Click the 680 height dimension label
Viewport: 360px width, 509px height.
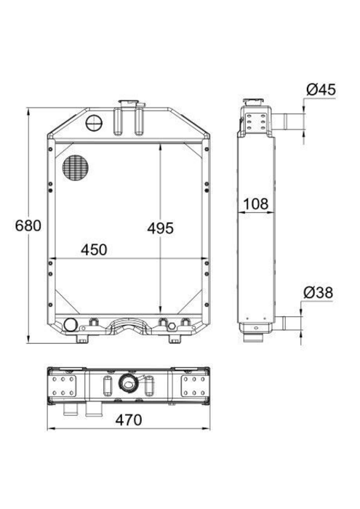click(28, 225)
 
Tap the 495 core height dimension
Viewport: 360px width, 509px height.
click(160, 228)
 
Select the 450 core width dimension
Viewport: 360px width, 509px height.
click(94, 249)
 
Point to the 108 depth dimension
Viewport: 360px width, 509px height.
click(256, 204)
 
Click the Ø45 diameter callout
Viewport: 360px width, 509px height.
click(321, 89)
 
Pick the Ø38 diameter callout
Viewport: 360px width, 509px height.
click(318, 292)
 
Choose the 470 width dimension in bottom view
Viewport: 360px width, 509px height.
click(129, 420)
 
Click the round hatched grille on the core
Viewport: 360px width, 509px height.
click(76, 168)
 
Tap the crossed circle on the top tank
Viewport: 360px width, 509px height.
click(94, 123)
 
